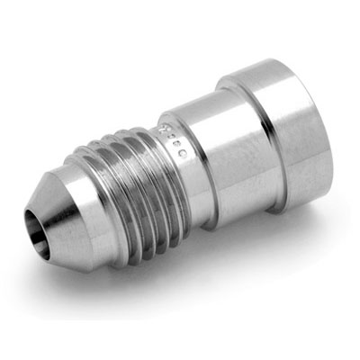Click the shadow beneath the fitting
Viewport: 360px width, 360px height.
coord(225,261)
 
